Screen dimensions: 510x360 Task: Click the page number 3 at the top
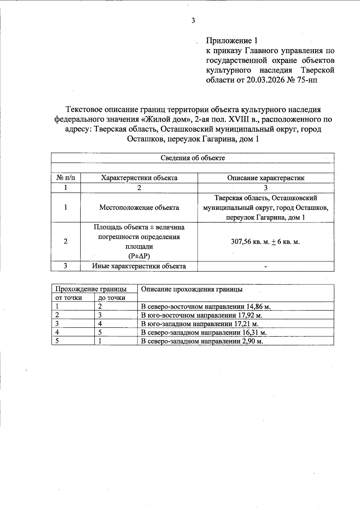(193, 20)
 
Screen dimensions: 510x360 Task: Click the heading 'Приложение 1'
(232, 41)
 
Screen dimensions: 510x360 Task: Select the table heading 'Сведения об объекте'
(193, 158)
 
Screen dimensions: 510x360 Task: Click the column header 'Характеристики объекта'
(139, 178)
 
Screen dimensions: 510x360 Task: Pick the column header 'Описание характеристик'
(265, 178)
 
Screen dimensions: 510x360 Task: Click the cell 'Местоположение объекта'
(139, 207)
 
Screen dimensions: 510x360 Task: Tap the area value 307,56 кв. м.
(250, 242)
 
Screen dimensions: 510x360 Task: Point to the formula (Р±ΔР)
(139, 256)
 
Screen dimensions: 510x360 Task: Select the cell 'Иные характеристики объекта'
(139, 266)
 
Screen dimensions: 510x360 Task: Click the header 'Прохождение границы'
(91, 289)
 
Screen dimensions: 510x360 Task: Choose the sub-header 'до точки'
(112, 298)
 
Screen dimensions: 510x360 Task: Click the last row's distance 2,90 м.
(252, 341)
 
